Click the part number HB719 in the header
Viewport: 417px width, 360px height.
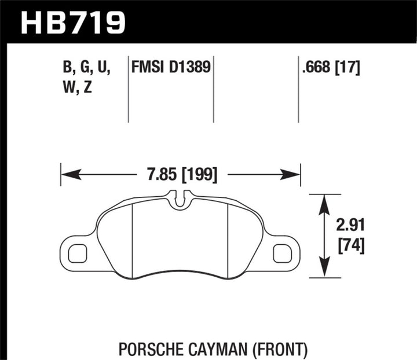(73, 24)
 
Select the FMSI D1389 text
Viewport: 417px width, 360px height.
(171, 69)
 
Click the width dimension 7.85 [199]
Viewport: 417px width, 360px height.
(181, 174)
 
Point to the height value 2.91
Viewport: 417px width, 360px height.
(350, 224)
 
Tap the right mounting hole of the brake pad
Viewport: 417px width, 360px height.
(282, 253)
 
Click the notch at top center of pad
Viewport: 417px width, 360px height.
(181, 199)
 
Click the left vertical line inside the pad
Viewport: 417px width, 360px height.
(133, 241)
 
